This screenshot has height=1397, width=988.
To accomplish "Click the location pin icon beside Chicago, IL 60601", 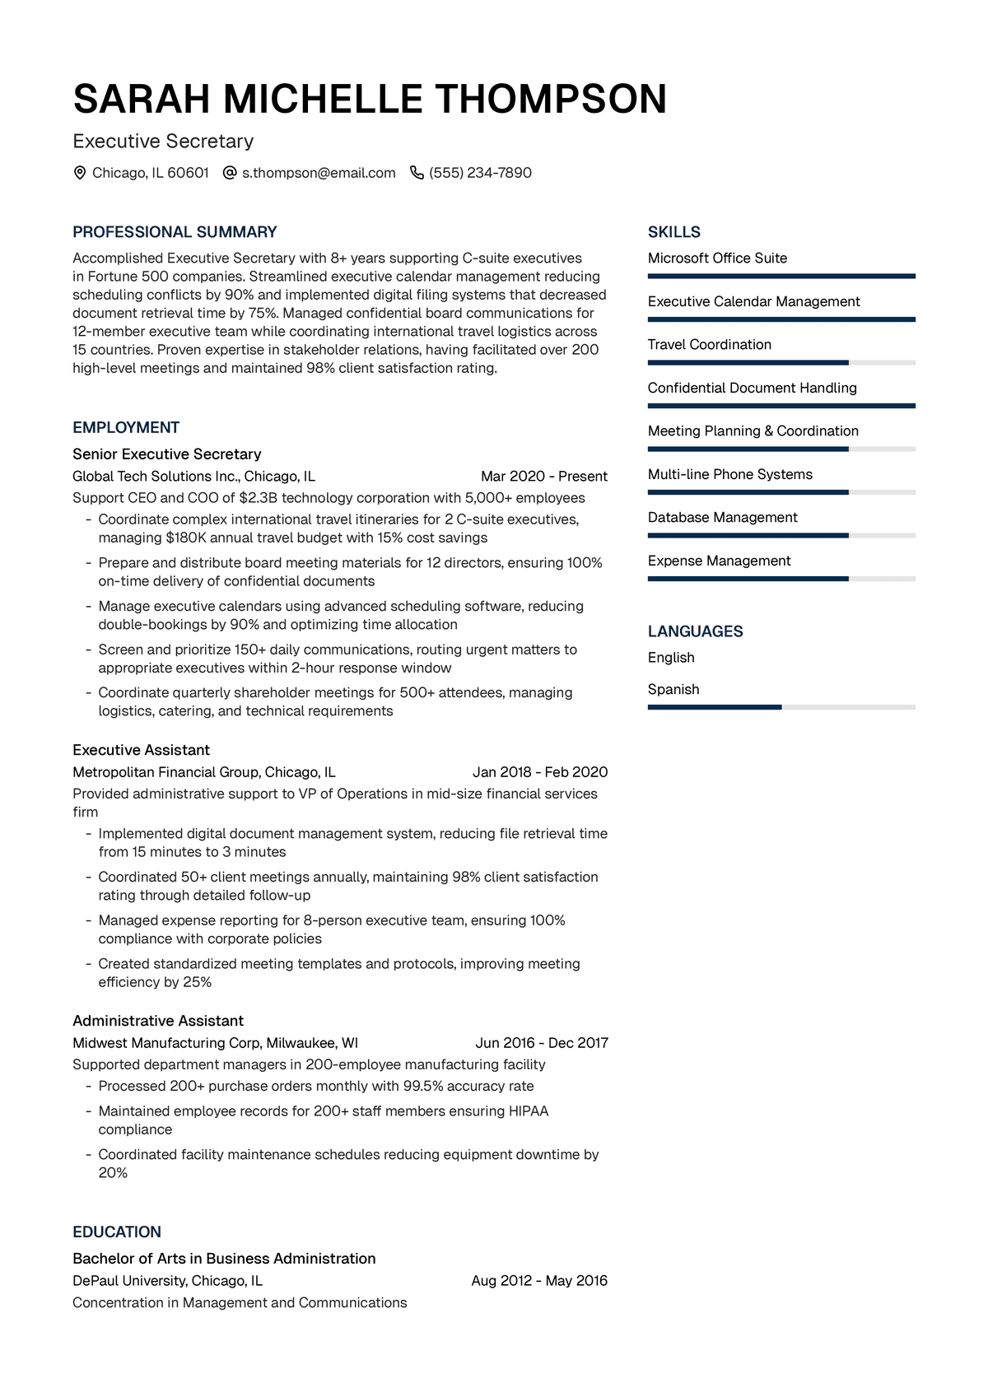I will coord(80,173).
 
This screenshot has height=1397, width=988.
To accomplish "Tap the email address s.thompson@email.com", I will coord(319,173).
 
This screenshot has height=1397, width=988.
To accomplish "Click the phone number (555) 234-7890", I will coord(480,173).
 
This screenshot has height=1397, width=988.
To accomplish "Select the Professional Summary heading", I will coord(175,232).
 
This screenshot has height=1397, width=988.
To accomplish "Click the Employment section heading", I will coord(126,427).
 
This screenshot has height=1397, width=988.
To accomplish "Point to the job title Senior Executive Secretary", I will coord(166,454).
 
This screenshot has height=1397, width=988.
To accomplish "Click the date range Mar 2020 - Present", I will coord(543,476).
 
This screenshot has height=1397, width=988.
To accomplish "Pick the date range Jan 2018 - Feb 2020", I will coord(540,772).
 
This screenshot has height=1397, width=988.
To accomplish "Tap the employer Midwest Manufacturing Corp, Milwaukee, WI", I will coord(215,1043).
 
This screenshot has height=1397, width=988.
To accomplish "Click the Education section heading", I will coord(117,1232).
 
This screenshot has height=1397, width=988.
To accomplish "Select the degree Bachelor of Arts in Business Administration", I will coord(224,1259).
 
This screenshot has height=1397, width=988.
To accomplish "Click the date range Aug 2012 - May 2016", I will coord(539,1281).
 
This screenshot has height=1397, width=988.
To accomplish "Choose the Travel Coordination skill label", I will coord(709,344).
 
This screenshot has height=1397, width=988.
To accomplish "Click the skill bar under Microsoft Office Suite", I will coord(781,277).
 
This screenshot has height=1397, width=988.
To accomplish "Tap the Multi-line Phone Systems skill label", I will coord(729,474).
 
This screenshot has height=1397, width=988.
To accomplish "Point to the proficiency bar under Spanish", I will coord(781,707).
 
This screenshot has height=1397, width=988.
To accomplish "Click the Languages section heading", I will coord(695,631).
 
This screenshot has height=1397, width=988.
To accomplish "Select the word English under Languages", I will coord(671,658).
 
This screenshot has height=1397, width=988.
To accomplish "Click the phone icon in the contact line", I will coord(417,173).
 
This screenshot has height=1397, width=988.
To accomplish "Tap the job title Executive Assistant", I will coord(141,750).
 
